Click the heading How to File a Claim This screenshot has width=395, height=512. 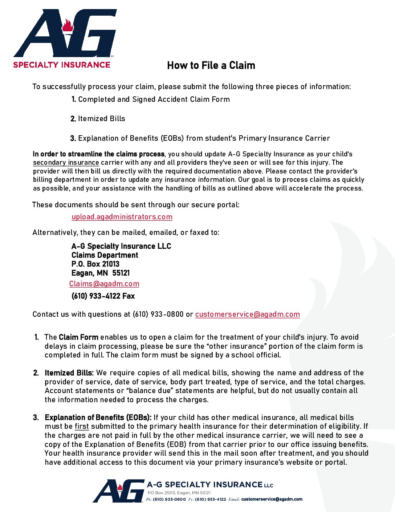[211, 65]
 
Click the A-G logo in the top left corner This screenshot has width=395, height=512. [65, 33]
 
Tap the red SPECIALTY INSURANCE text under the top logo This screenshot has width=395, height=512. [62, 65]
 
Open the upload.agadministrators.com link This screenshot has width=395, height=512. [122, 217]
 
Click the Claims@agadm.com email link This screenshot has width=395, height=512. [104, 284]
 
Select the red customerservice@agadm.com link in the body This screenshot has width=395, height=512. [247, 314]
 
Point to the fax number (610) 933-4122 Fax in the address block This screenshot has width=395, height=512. [103, 296]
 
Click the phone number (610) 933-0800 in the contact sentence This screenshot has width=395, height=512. [158, 314]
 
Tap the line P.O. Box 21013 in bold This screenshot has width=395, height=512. [95, 264]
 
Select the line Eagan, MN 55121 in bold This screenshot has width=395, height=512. [101, 273]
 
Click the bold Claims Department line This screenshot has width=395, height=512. [105, 255]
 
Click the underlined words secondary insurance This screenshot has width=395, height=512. [66, 163]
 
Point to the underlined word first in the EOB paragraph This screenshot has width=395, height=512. [82, 426]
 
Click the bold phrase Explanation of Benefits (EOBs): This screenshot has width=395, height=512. [98, 417]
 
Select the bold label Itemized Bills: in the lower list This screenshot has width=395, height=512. [69, 373]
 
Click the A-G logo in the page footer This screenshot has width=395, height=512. [119, 491]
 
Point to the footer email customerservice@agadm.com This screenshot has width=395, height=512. [272, 499]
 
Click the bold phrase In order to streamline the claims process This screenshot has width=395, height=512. [98, 154]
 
